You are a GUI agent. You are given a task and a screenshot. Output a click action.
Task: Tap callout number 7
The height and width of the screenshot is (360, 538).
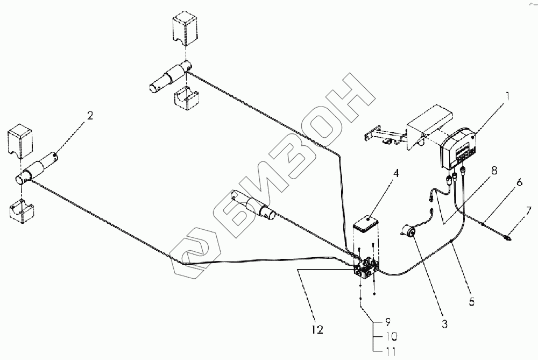tap(529, 209)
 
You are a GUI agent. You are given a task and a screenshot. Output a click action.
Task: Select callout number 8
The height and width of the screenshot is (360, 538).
tap(493, 171)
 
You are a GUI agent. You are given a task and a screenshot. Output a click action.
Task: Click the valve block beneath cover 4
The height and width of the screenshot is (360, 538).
tap(367, 267)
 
